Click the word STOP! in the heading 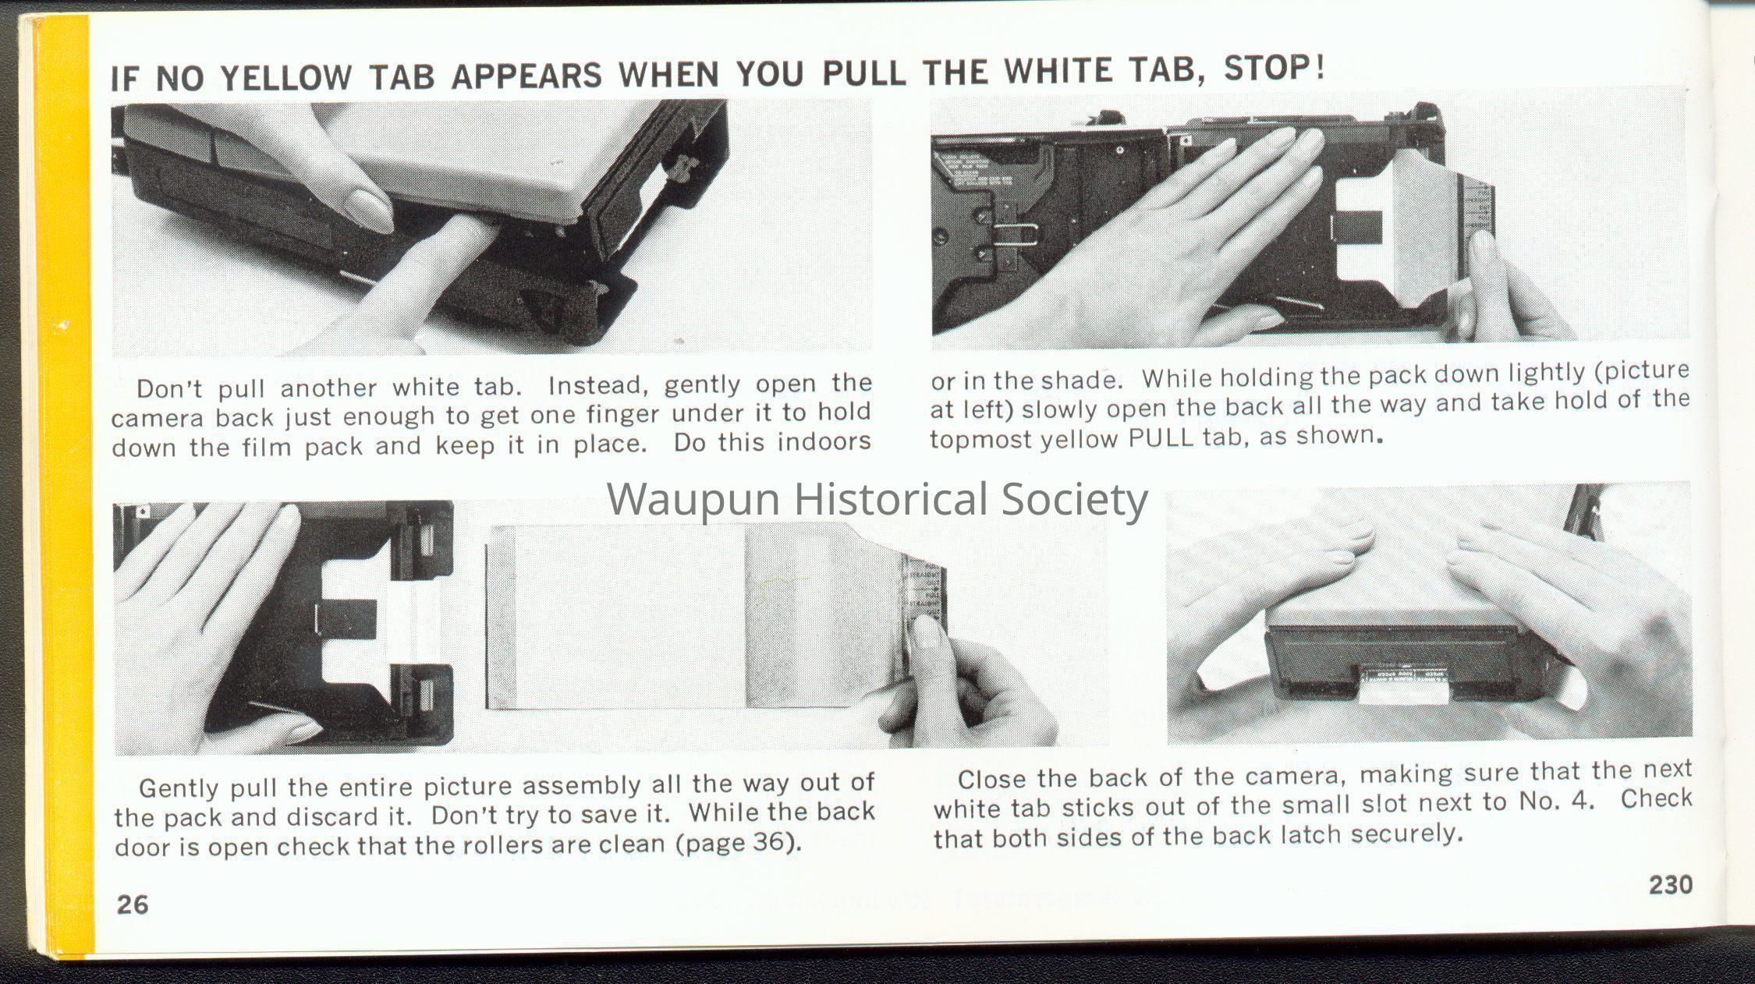1275,68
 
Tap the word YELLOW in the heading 285,77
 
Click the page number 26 133,904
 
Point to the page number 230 1671,885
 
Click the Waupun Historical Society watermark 877,499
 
